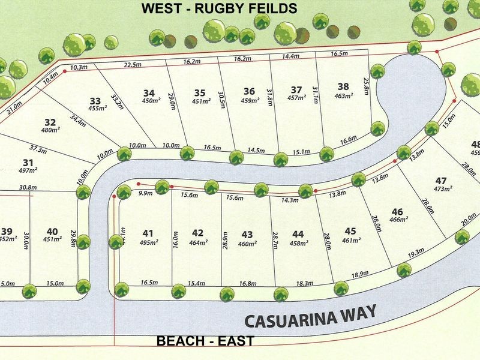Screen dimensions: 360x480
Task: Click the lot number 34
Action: [149, 93]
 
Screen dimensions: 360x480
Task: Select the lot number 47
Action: [442, 181]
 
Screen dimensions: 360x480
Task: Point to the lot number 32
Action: [50, 121]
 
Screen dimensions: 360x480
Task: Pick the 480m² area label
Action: [50, 130]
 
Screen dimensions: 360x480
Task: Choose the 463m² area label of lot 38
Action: [343, 95]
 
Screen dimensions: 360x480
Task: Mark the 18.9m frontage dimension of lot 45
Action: [359, 274]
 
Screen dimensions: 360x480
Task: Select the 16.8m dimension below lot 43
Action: [248, 283]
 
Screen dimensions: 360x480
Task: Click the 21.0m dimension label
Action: [14, 106]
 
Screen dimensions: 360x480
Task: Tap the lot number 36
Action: [249, 91]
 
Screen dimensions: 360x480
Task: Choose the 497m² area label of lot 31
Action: [28, 171]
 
